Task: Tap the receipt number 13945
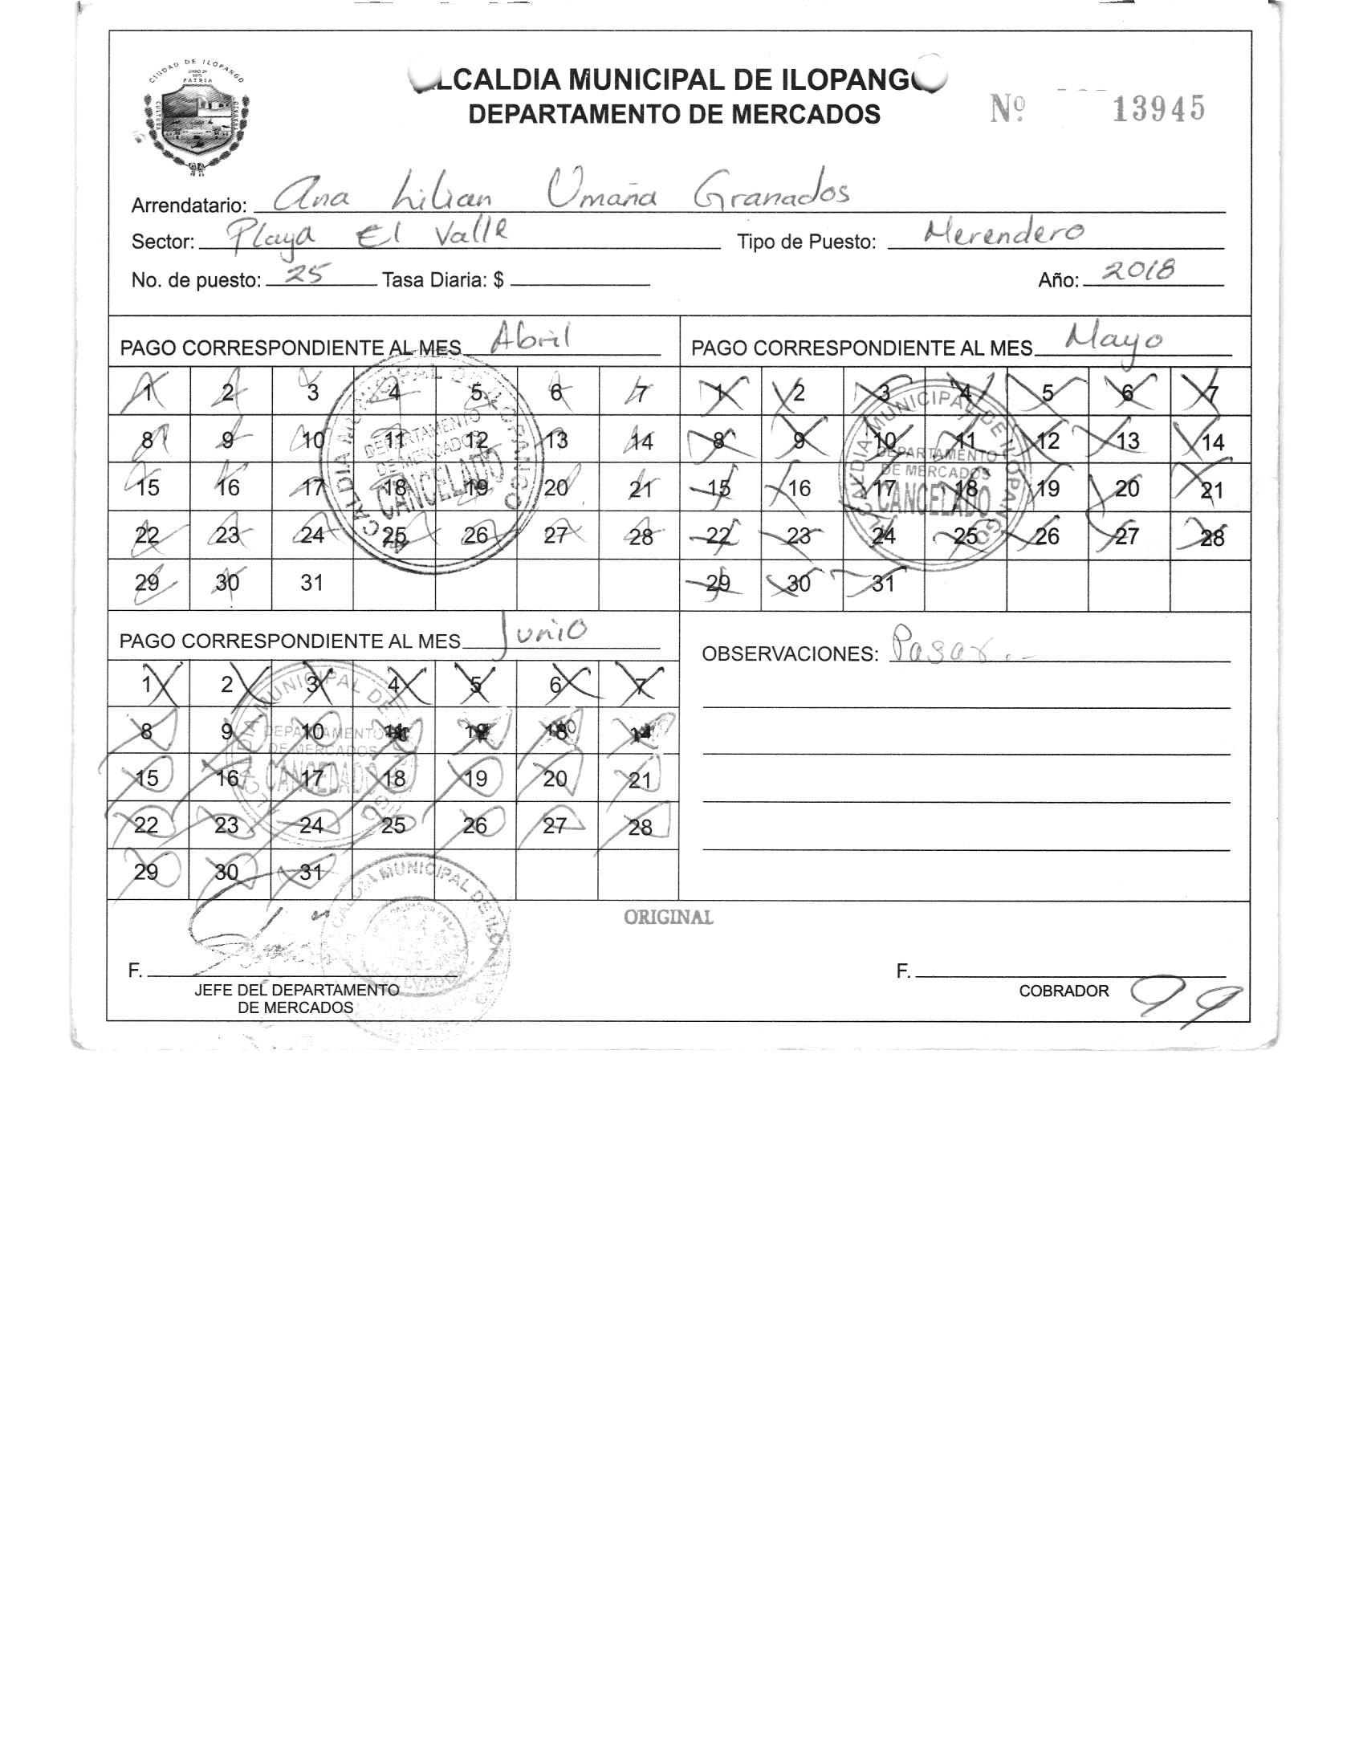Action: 1158,109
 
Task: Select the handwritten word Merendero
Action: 1003,234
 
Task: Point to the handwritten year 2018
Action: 1138,273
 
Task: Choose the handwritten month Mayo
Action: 1113,340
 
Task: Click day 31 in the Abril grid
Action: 311,584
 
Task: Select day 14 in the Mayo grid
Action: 1212,442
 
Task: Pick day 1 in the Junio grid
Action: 148,685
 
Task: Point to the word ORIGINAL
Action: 668,918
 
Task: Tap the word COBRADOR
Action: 1064,991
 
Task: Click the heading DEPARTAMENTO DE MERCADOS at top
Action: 674,115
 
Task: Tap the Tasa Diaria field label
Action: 442,280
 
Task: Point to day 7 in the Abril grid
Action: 640,393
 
